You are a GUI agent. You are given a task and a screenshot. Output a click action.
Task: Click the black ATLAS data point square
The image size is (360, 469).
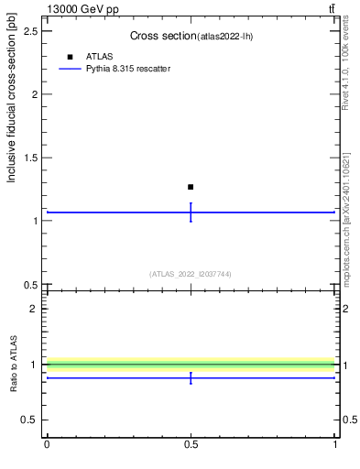click(x=191, y=187)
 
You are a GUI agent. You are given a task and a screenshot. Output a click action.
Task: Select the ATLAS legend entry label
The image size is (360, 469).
click(x=99, y=56)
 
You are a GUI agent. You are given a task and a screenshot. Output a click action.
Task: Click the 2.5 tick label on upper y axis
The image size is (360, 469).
click(x=29, y=31)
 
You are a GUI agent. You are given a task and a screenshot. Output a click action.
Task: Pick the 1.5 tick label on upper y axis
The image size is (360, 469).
click(x=29, y=158)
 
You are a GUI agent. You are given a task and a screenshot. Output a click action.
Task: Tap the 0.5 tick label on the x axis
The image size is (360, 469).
click(x=191, y=444)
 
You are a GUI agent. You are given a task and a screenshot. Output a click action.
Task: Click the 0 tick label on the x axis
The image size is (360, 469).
click(x=47, y=444)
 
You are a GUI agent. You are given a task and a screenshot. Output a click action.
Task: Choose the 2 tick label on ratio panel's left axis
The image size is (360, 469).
click(x=33, y=309)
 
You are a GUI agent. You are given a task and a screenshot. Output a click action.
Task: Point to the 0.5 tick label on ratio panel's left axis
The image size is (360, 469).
click(x=29, y=420)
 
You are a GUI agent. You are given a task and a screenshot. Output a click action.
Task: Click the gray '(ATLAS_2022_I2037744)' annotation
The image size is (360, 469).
click(x=191, y=274)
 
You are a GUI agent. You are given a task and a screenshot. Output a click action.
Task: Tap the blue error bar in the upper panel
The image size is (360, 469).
click(x=191, y=213)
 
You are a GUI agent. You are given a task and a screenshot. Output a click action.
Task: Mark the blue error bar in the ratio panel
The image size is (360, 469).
click(x=191, y=377)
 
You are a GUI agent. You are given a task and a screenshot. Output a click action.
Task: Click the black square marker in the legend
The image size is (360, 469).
click(x=70, y=56)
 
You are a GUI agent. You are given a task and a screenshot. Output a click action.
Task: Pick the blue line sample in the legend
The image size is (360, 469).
click(x=70, y=69)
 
